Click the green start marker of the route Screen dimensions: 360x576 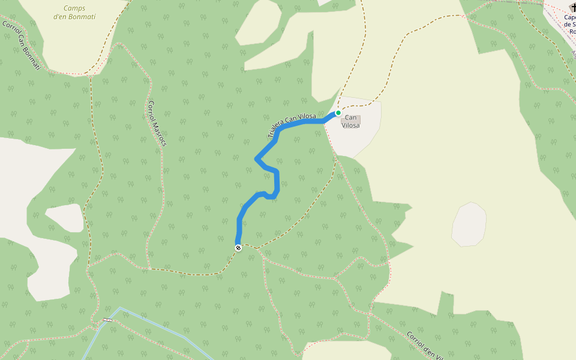pyautogui.click(x=338, y=113)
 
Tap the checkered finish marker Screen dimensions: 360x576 pyautogui.click(x=238, y=247)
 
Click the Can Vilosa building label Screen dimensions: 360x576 pyautogui.click(x=351, y=122)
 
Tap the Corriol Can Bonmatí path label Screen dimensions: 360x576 pyautogui.click(x=21, y=46)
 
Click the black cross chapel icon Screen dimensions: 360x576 pyautogui.click(x=572, y=8)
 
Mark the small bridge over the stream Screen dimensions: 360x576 pyautogui.click(x=107, y=319)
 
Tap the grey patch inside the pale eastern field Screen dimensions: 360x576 pyautogui.click(x=469, y=224)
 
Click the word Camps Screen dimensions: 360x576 pyautogui.click(x=74, y=8)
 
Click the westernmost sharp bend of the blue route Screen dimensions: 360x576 pyautogui.click(x=257, y=159)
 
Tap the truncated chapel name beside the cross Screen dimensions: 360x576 pyautogui.click(x=569, y=24)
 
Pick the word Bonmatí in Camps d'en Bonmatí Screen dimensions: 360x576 pyautogui.click(x=81, y=17)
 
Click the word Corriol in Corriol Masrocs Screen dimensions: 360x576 pyautogui.click(x=151, y=111)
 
